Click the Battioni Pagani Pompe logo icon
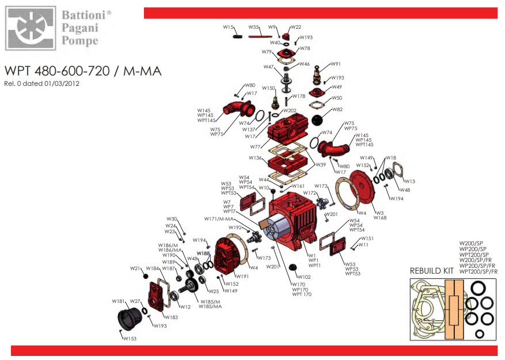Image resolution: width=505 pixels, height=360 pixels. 29,26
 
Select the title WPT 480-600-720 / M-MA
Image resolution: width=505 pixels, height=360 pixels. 83,71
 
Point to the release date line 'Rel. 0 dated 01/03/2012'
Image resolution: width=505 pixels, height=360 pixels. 41,84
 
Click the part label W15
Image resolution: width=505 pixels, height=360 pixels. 229,27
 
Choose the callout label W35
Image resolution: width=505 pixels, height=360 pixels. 254,27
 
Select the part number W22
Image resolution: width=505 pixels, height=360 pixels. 296,27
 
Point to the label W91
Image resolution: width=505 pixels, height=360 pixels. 336,64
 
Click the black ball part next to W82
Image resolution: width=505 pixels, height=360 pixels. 318,120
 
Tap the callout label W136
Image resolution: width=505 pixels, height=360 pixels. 256,158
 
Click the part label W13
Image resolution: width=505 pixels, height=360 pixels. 409,181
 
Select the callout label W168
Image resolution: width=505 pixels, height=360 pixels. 381,218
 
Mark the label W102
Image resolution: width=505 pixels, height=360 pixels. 304,277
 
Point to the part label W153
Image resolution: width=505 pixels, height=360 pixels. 130,339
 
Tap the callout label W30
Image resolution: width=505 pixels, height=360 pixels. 172,219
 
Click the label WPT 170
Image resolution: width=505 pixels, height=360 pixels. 302,295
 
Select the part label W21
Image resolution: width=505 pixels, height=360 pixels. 135,268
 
